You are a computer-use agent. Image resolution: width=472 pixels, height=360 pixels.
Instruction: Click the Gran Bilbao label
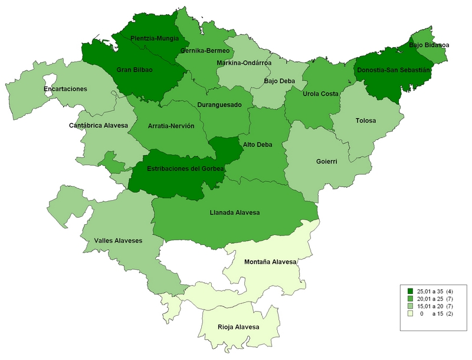tap(135, 70)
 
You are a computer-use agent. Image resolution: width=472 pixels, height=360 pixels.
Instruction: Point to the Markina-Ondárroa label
tap(244, 63)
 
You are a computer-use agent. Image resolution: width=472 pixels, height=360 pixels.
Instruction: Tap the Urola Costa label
tap(319, 94)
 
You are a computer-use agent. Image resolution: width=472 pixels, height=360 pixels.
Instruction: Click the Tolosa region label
tap(366, 121)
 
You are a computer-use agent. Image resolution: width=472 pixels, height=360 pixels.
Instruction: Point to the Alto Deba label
tap(257, 144)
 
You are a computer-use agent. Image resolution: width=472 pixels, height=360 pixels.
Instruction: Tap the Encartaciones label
tap(65, 89)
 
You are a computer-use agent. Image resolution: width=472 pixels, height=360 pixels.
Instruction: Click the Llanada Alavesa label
tap(235, 212)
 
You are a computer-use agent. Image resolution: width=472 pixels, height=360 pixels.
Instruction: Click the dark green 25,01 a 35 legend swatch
tap(409, 292)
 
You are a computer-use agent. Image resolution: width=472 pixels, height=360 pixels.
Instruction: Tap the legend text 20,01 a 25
tap(429, 299)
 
